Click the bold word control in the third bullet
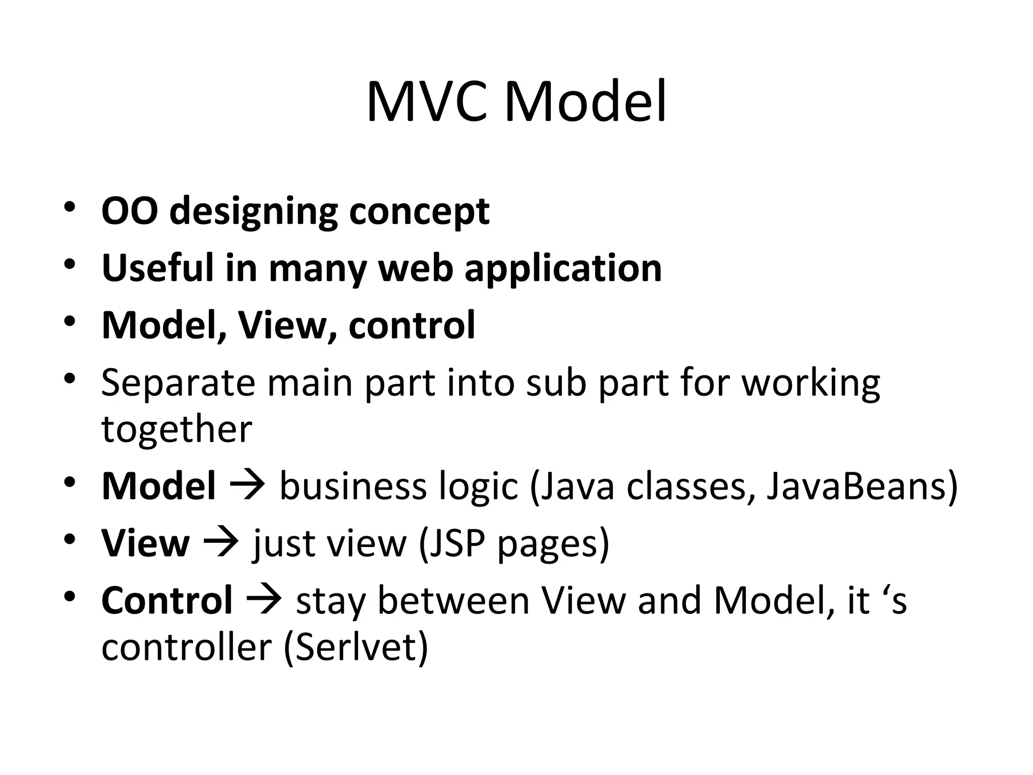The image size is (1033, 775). tap(412, 325)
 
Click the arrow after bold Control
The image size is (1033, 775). tap(264, 600)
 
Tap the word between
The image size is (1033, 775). tap(453, 600)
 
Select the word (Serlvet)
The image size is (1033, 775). tap(356, 647)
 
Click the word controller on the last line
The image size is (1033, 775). tap(187, 647)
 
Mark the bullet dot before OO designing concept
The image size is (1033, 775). tap(70, 207)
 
